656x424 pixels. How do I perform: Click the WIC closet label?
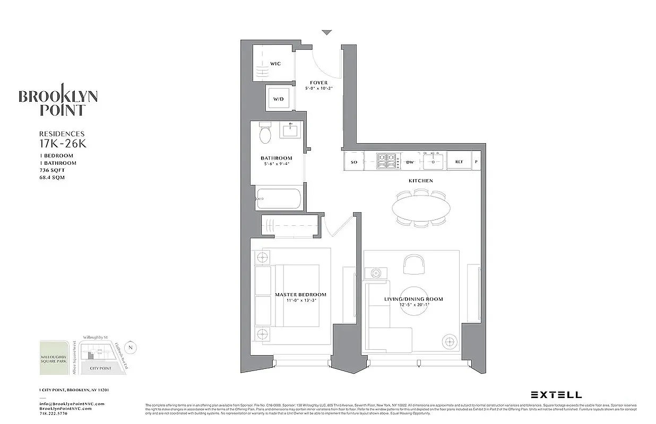pyautogui.click(x=275, y=64)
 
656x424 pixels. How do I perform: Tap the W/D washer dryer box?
pyautogui.click(x=279, y=99)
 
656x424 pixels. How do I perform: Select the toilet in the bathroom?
pyautogui.click(x=265, y=134)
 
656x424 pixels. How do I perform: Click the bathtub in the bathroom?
pyautogui.click(x=279, y=200)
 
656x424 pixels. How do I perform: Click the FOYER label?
pyautogui.click(x=319, y=83)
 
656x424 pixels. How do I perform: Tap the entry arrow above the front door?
pyautogui.click(x=327, y=33)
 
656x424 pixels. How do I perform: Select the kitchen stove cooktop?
pyautogui.click(x=387, y=158)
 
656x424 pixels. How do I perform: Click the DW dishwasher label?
pyautogui.click(x=410, y=162)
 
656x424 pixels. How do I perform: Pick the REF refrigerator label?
pyautogui.click(x=458, y=162)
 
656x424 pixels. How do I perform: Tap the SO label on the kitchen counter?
pyautogui.click(x=354, y=162)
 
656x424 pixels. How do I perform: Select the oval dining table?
pyautogui.click(x=421, y=206)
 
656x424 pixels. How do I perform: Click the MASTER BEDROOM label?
pyautogui.click(x=300, y=295)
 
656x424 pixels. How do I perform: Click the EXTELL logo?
pyautogui.click(x=556, y=395)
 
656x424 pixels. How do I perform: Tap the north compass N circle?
pyautogui.click(x=132, y=348)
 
